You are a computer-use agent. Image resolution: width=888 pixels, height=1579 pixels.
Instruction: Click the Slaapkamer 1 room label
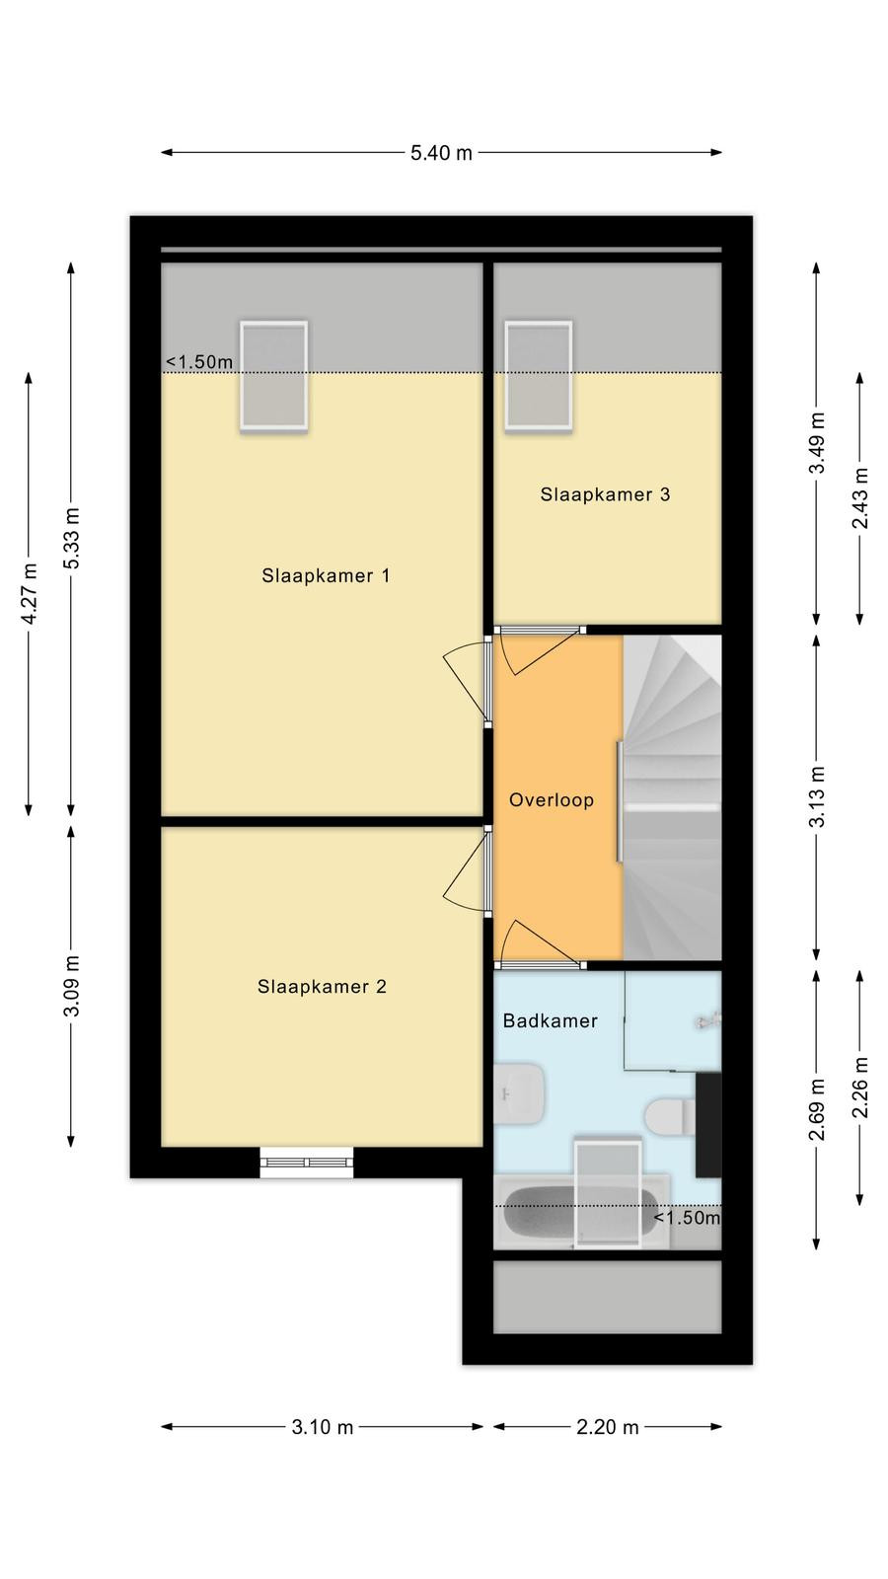(x=326, y=576)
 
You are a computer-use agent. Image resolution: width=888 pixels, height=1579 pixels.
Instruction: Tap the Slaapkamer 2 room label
(x=322, y=987)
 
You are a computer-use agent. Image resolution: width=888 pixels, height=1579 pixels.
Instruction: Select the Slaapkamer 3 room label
(x=605, y=494)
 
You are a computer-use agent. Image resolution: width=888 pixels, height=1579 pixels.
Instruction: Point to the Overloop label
(x=552, y=800)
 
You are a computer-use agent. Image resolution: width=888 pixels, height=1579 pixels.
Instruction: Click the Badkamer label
(x=550, y=1020)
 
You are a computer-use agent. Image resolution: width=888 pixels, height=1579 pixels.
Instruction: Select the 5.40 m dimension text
(x=441, y=153)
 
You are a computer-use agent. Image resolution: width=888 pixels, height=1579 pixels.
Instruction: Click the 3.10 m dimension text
(x=322, y=1427)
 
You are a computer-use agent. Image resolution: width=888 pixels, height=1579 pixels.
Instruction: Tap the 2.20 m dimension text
(x=608, y=1427)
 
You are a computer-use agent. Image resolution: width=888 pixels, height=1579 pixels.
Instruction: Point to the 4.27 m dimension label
(x=30, y=593)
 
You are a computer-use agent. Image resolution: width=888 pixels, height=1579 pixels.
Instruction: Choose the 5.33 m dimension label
(x=71, y=538)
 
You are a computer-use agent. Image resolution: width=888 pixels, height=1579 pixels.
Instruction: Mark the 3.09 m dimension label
(x=71, y=986)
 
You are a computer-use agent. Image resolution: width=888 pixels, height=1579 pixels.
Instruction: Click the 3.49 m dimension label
(x=817, y=443)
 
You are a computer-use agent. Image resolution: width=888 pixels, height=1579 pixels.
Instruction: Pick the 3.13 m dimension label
(x=817, y=796)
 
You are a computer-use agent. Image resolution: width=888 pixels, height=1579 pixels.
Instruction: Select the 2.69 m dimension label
(x=817, y=1110)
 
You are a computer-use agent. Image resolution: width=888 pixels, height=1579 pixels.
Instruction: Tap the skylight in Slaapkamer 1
(x=273, y=375)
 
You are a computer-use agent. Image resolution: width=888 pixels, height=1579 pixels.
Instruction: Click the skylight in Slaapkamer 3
(x=539, y=375)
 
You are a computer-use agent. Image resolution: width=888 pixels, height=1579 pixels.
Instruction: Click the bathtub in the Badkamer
(x=582, y=1211)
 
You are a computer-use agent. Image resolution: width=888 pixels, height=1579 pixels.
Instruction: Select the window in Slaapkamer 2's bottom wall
(x=307, y=1163)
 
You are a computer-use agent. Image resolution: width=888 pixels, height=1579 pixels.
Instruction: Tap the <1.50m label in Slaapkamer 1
(x=198, y=362)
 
